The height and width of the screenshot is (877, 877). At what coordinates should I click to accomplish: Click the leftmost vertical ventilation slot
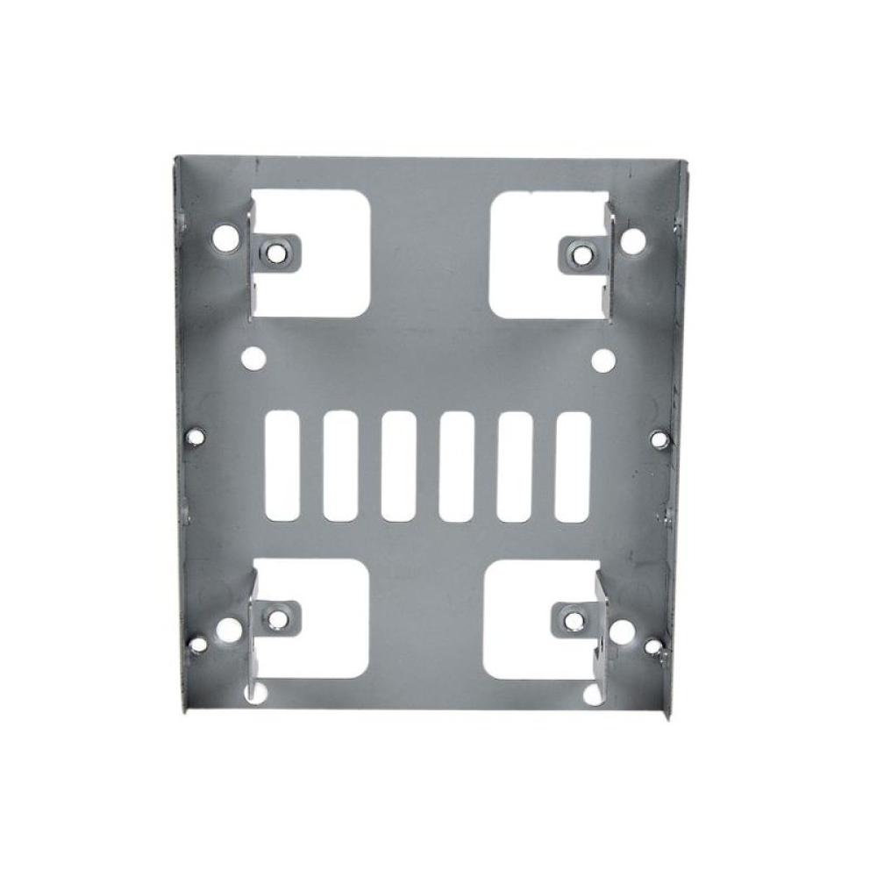click(x=282, y=465)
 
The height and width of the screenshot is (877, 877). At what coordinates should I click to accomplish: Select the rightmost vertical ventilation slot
click(x=571, y=465)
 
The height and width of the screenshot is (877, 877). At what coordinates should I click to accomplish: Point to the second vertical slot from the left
click(x=340, y=465)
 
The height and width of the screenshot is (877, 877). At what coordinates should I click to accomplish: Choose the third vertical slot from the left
click(x=398, y=465)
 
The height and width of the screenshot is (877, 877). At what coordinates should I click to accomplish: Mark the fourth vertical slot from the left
click(x=456, y=465)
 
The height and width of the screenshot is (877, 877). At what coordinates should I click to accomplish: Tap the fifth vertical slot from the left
click(x=513, y=465)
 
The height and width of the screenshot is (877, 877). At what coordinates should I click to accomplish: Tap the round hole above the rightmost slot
click(x=603, y=359)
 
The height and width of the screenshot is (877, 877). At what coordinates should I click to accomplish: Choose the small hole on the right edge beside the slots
click(x=662, y=436)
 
